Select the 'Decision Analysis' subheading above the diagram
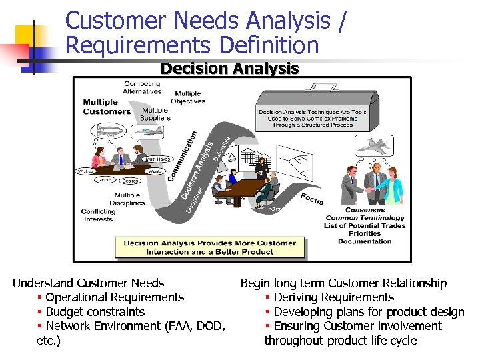[x=229, y=69]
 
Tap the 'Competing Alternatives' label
[x=142, y=87]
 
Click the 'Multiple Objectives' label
[x=188, y=97]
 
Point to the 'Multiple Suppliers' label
[x=155, y=113]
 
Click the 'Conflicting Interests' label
[x=99, y=215]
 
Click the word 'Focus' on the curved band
[x=311, y=199]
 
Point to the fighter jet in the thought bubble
[x=375, y=145]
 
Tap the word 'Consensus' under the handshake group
[x=365, y=210]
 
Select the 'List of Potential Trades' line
[x=365, y=225]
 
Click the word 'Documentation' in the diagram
[x=365, y=241]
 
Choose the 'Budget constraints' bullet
[x=95, y=311]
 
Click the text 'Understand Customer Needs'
[x=89, y=283]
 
